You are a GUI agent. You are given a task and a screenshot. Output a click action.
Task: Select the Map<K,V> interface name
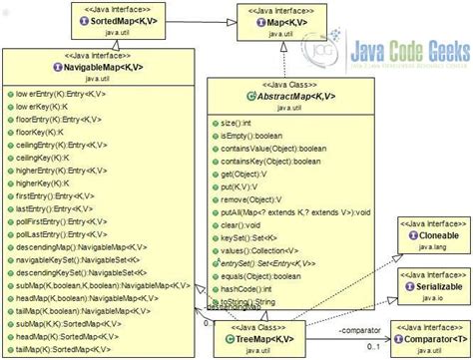(x=280, y=21)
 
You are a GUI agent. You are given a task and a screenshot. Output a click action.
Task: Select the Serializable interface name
(x=426, y=283)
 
